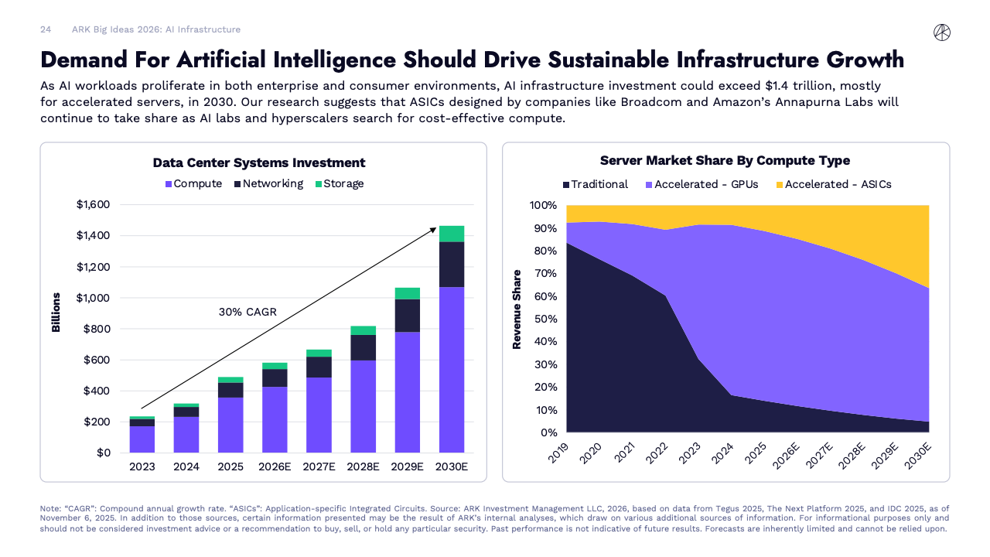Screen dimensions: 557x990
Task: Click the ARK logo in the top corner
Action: tap(941, 32)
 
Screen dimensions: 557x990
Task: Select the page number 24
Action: tap(46, 29)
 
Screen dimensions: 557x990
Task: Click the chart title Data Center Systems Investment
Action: tap(259, 162)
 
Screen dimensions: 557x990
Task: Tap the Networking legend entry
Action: tap(268, 184)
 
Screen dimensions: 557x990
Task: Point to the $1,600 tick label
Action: tap(93, 205)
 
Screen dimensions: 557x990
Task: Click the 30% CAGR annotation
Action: tap(247, 313)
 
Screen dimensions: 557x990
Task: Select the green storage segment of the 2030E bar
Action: tap(452, 234)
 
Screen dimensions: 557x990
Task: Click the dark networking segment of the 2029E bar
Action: tap(407, 316)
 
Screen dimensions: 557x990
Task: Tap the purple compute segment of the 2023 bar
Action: tap(142, 439)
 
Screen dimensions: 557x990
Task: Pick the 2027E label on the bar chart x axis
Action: tap(319, 466)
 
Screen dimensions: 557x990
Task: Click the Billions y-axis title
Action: tap(56, 313)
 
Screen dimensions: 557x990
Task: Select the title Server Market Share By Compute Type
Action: tap(725, 161)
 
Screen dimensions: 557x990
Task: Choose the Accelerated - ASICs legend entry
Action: tap(832, 184)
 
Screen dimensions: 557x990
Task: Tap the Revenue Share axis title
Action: tap(517, 309)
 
